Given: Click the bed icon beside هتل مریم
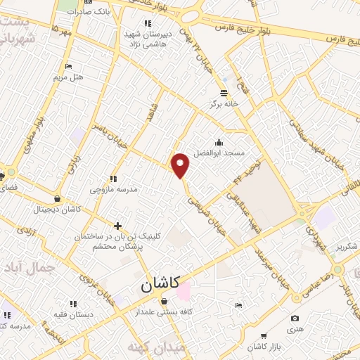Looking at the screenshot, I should point(67,66).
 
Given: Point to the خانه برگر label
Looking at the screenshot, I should point(224,103).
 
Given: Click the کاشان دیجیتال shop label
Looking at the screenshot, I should point(60,210).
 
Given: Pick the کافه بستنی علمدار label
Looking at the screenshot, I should point(166,311).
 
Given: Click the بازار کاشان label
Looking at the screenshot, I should point(263,348).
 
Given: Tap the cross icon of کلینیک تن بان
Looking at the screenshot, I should point(117,226).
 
